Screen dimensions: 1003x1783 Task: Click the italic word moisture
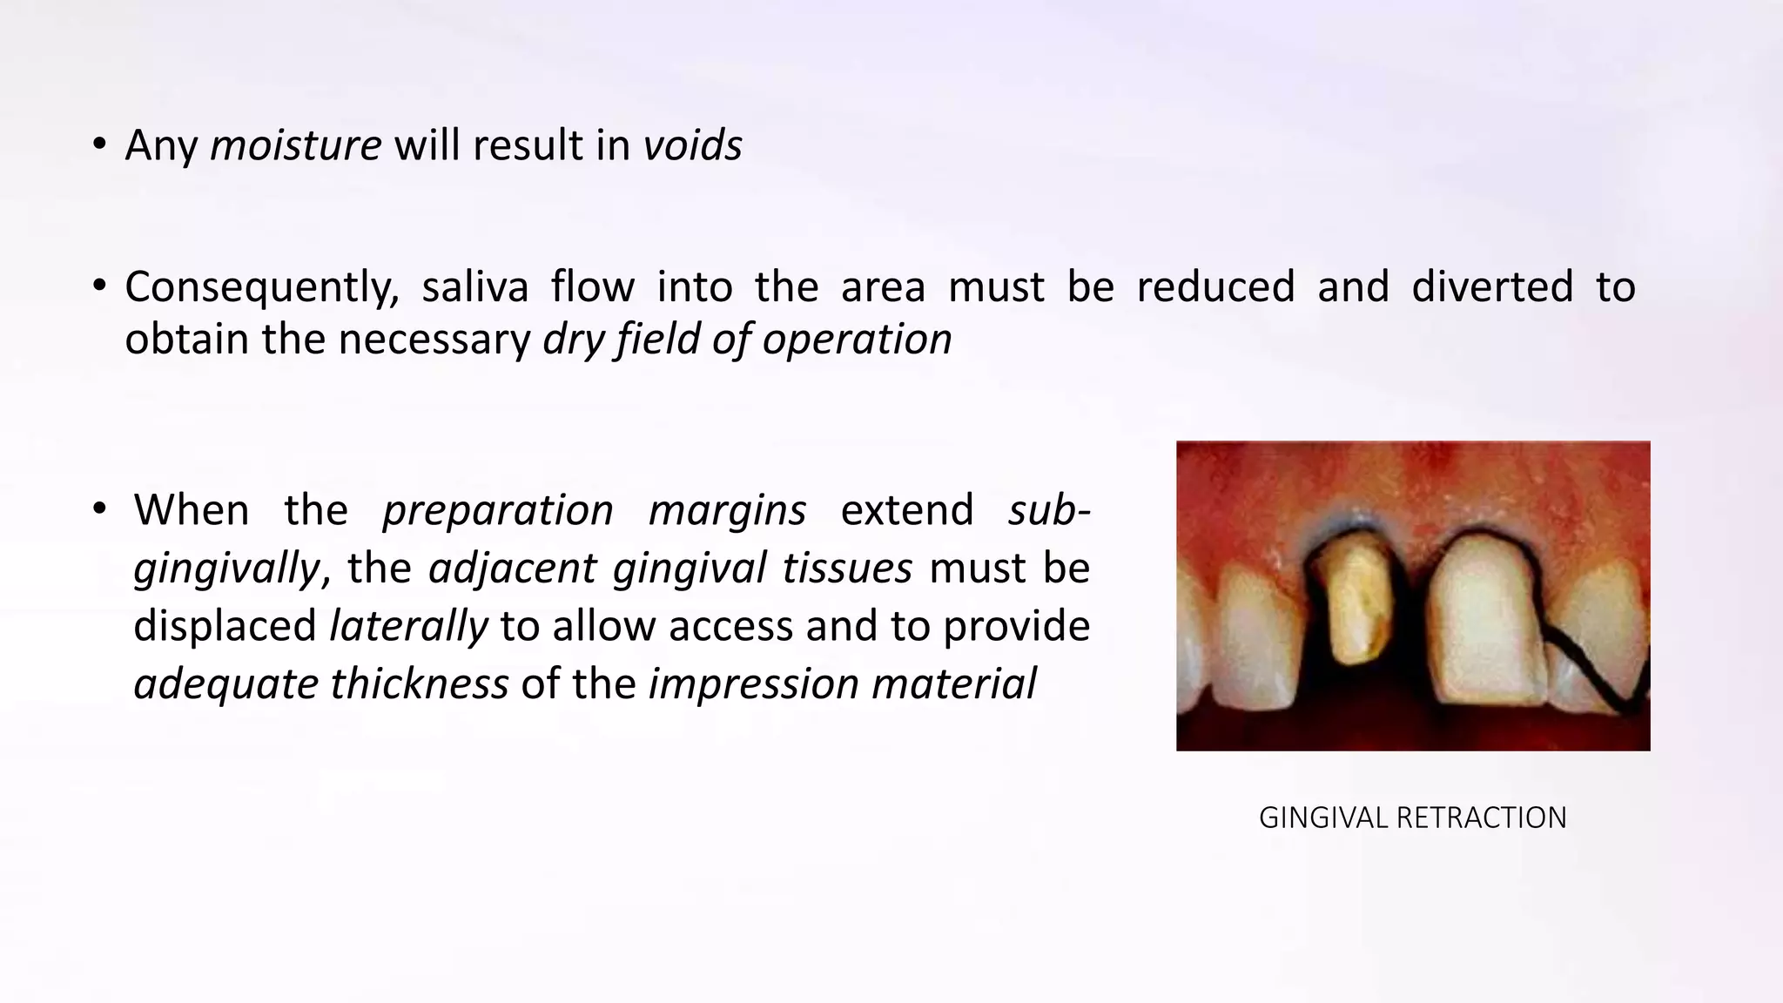(x=295, y=145)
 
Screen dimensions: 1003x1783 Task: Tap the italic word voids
(x=693, y=145)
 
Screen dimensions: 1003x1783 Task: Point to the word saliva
(x=474, y=287)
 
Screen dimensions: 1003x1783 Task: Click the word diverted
(x=1492, y=287)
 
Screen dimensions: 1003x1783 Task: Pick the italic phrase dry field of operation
(x=747, y=340)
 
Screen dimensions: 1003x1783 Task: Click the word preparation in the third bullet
(x=498, y=510)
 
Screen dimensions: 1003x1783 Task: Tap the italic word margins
(x=727, y=510)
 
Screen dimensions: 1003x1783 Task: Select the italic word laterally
(x=408, y=627)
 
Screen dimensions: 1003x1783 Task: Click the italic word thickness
(x=419, y=684)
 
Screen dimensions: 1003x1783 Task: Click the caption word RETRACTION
(x=1481, y=818)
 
